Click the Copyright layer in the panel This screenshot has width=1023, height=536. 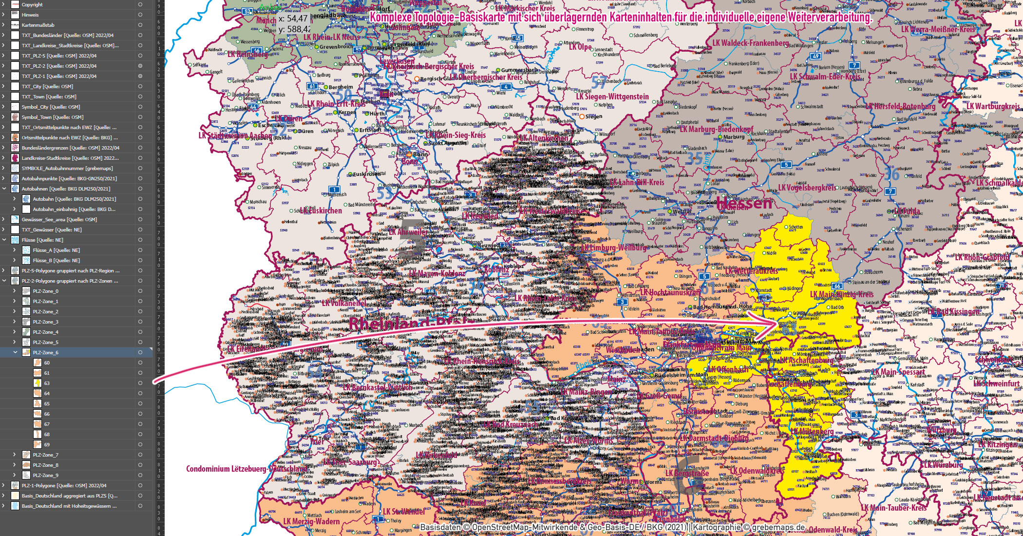[x=32, y=4]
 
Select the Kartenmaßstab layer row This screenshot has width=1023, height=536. [x=38, y=25]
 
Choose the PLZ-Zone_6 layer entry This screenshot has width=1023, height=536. [x=45, y=352]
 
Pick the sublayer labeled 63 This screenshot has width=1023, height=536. [x=47, y=383]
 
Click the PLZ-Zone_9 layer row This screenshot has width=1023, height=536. [x=45, y=475]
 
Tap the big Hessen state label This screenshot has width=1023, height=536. [x=744, y=203]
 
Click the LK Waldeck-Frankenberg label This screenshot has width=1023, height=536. [x=750, y=43]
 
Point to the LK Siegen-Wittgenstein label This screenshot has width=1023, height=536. [x=612, y=96]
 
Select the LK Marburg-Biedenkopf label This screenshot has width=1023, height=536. [x=716, y=129]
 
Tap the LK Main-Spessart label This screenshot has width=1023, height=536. [x=898, y=372]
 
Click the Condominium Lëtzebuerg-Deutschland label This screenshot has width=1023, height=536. [x=246, y=469]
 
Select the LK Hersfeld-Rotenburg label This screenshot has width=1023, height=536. [x=900, y=106]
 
